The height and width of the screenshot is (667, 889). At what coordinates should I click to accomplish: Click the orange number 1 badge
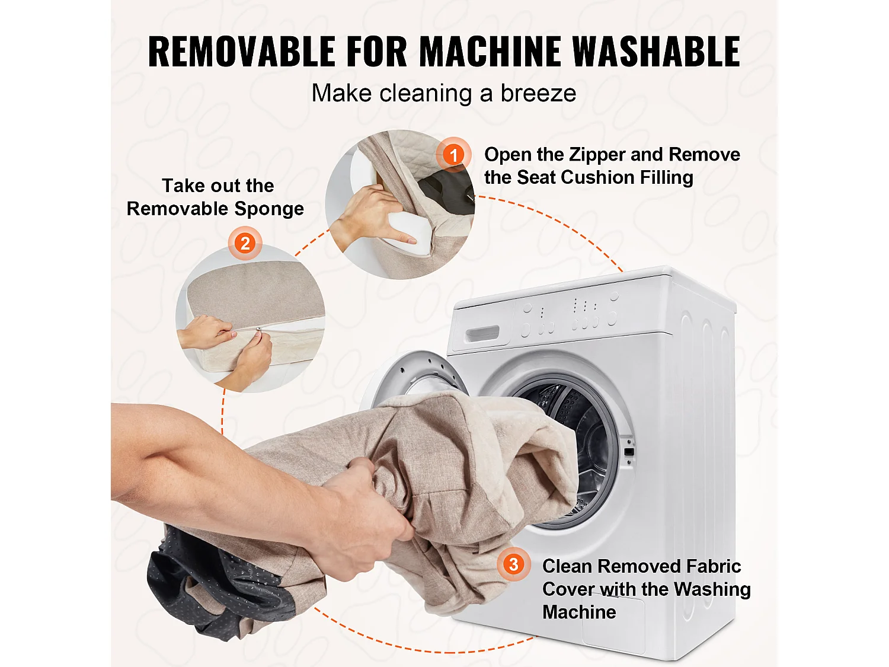[x=453, y=154]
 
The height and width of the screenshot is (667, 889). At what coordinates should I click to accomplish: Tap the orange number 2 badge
[x=245, y=243]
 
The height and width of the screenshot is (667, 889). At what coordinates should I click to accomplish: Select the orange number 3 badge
[x=514, y=564]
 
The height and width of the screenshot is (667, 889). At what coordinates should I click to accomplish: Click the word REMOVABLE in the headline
[x=242, y=51]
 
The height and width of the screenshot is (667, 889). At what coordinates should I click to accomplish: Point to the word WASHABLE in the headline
[x=657, y=51]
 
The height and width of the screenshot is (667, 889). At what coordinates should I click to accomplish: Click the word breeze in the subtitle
[x=538, y=93]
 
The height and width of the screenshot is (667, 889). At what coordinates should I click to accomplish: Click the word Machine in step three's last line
[x=579, y=612]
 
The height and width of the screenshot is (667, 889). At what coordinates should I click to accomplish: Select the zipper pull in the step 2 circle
[x=256, y=334]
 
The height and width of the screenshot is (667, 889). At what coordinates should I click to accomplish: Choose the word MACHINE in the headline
[x=490, y=51]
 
